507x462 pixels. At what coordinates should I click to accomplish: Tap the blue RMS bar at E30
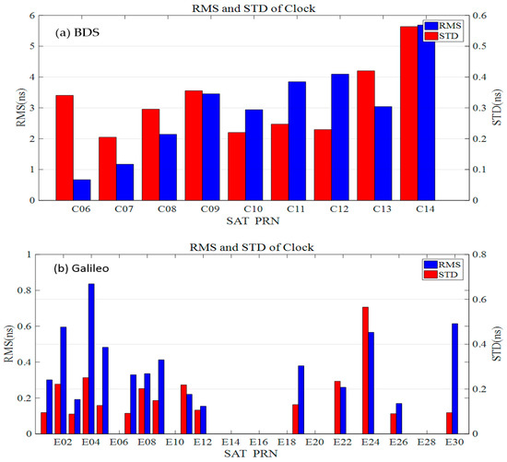454,378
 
